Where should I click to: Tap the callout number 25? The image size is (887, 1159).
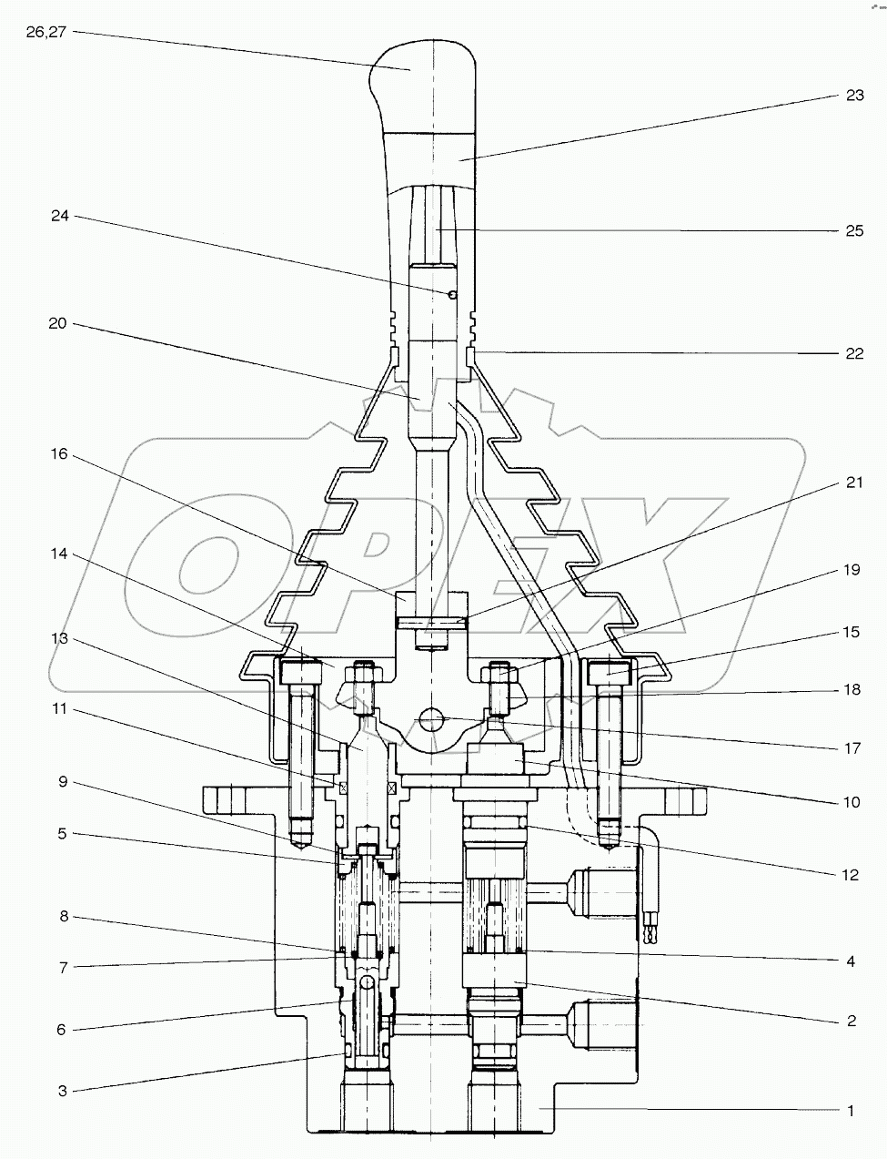point(853,230)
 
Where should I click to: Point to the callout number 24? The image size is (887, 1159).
point(60,217)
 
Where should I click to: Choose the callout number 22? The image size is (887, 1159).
point(853,353)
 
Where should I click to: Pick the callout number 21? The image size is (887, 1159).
point(853,483)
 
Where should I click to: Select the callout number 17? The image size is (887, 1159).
point(852,748)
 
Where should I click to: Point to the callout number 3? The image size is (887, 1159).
point(63,1090)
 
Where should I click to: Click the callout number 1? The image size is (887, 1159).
point(851,1110)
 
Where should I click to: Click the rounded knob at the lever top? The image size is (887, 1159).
point(414,68)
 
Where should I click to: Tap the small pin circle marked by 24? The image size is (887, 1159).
point(452,293)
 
